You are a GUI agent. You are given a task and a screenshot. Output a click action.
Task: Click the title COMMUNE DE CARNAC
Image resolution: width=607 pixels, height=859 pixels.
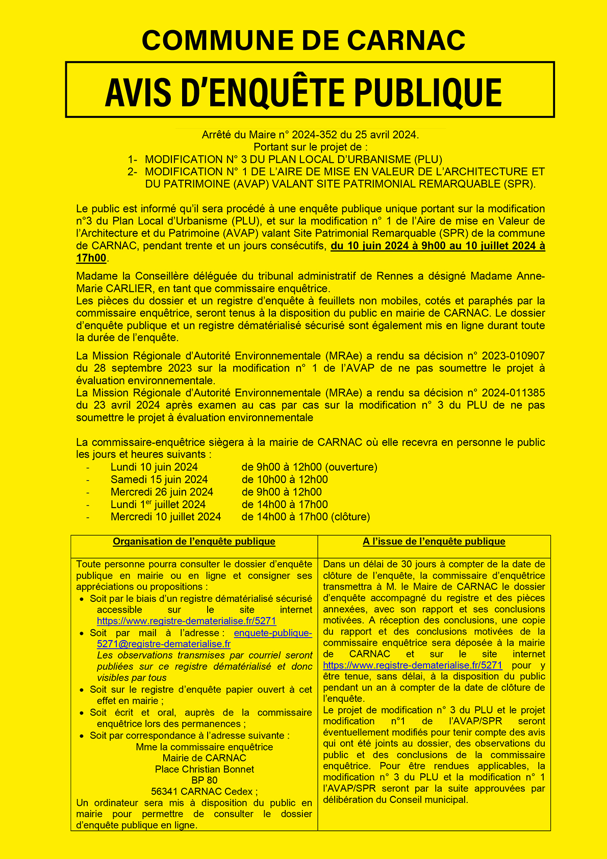click(303, 40)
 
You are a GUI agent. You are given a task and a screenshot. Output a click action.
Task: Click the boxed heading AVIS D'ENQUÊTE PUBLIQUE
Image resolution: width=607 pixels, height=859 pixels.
click(303, 92)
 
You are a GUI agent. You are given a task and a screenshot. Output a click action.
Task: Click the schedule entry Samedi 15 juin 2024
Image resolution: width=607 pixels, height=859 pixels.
click(159, 479)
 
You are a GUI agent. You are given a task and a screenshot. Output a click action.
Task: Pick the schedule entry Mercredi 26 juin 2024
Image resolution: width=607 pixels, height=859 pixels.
click(162, 492)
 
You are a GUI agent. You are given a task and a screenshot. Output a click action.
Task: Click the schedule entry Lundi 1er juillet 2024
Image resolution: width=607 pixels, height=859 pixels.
click(158, 504)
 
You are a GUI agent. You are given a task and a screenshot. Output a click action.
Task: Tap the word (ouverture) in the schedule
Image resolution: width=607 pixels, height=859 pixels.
click(351, 467)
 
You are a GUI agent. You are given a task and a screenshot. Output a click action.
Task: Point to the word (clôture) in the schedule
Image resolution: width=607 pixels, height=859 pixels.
click(350, 517)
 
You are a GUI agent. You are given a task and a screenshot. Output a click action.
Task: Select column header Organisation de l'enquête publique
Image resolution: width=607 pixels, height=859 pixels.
click(194, 542)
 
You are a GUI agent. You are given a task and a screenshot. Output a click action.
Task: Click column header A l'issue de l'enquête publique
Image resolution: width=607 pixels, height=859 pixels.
click(434, 542)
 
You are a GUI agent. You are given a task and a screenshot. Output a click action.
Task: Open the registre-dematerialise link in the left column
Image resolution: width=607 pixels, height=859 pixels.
click(187, 621)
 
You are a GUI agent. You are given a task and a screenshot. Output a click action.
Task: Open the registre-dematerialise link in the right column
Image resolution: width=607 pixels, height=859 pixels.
click(413, 665)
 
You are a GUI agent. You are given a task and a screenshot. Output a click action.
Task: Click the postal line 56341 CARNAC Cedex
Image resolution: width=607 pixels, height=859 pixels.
click(204, 792)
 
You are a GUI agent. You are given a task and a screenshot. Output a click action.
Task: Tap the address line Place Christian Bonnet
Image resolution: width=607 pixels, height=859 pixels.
click(205, 769)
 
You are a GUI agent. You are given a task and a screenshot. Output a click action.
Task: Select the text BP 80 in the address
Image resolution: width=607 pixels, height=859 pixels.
click(205, 780)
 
